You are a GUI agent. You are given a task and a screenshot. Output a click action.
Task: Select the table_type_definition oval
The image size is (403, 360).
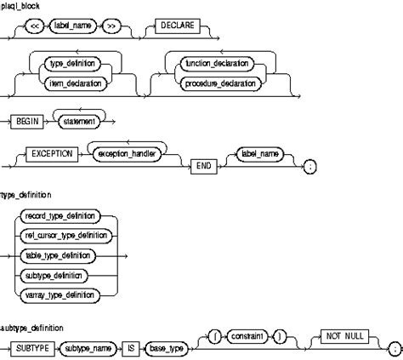point(60,254)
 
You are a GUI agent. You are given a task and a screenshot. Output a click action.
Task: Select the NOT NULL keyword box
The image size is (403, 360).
point(344,337)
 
